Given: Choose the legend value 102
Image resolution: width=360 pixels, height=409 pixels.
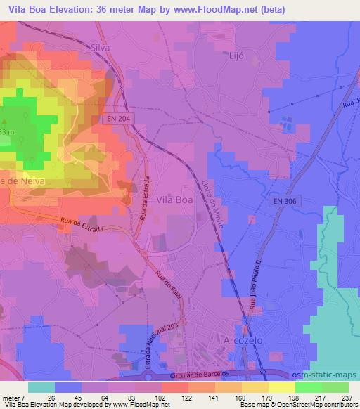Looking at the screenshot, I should click(163, 398).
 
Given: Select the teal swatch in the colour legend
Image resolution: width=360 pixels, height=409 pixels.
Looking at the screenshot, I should click(41, 387).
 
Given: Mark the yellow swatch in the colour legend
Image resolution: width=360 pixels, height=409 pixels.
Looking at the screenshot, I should click(282, 387).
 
